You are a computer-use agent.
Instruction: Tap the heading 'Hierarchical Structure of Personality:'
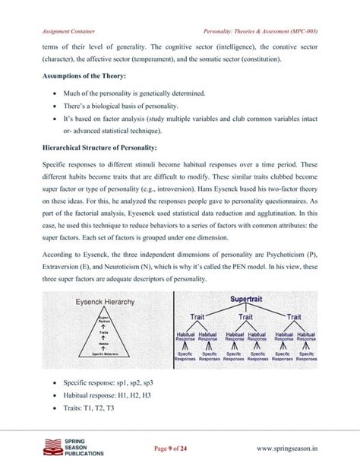(x=91, y=146)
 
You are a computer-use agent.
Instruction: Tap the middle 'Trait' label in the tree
(x=246, y=317)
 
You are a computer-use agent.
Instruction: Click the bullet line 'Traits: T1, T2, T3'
(x=83, y=407)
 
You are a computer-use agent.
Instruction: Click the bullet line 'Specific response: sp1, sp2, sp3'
(x=104, y=382)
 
